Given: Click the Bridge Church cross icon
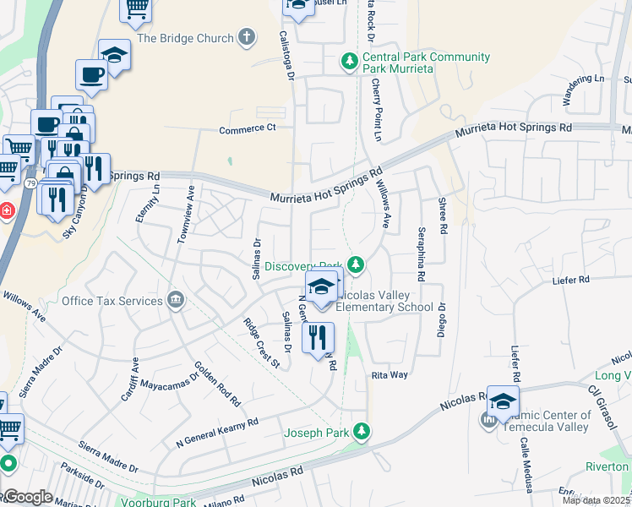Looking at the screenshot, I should tap(246, 36).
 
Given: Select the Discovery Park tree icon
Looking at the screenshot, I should tap(357, 265).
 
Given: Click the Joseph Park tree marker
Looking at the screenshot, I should tap(362, 432).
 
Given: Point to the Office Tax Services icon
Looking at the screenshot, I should tap(176, 299).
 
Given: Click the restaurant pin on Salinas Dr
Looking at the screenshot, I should tap(318, 338).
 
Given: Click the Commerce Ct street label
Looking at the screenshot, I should tap(248, 128).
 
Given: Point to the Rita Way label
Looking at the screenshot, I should tap(390, 374).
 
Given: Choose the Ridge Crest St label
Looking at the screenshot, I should tap(260, 343).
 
